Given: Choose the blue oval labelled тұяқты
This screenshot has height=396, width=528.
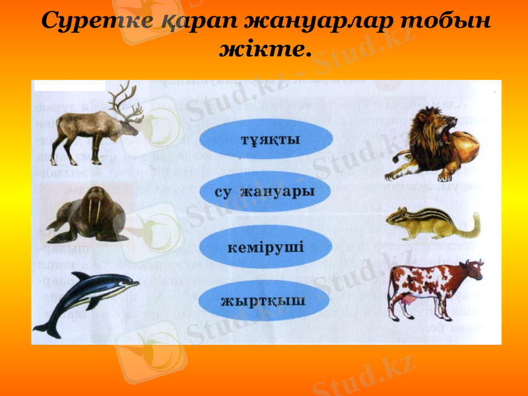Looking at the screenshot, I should pyautogui.click(x=266, y=139).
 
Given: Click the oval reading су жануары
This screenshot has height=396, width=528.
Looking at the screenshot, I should pyautogui.click(x=266, y=192).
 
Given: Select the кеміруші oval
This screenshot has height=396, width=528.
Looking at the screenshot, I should pyautogui.click(x=266, y=247).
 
